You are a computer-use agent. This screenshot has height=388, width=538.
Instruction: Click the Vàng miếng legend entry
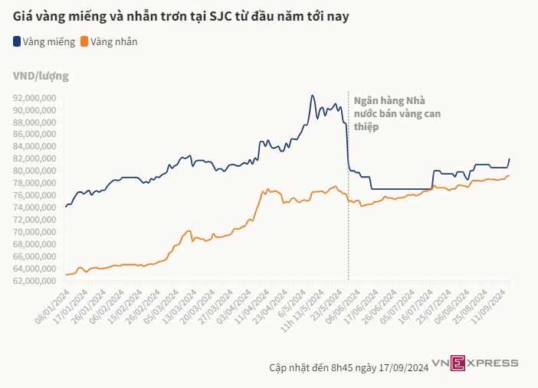[x=44, y=41]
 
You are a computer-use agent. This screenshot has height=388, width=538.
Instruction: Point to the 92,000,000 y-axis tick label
[x=36, y=98]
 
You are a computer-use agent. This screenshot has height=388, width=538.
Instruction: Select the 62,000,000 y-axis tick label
[x=36, y=280]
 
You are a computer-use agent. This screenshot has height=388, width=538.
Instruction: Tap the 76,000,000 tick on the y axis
[x=36, y=195]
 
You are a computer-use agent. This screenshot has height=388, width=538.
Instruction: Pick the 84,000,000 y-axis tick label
[x=36, y=146]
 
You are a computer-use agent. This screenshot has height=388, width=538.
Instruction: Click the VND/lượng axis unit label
[x=41, y=76]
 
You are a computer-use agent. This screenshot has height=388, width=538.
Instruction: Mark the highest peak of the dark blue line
[x=311, y=96]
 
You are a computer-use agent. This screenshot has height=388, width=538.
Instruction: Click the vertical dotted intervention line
[x=349, y=230]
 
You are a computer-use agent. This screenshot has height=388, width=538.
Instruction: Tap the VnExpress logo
[x=475, y=363]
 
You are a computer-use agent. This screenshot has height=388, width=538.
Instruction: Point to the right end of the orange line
[x=510, y=175]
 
